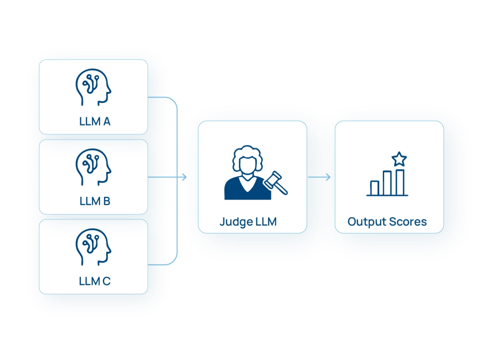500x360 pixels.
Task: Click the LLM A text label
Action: (94, 121)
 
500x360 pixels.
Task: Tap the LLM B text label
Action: (94, 201)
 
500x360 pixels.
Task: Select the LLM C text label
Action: (94, 281)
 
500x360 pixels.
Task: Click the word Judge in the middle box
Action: (235, 221)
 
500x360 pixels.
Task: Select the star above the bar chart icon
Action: (399, 158)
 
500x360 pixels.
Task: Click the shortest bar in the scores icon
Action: (374, 188)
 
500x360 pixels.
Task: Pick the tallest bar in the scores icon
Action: (399, 182)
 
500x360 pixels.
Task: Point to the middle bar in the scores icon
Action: (387, 183)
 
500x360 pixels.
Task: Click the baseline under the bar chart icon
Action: (387, 195)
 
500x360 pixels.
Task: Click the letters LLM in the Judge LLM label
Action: (266, 221)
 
